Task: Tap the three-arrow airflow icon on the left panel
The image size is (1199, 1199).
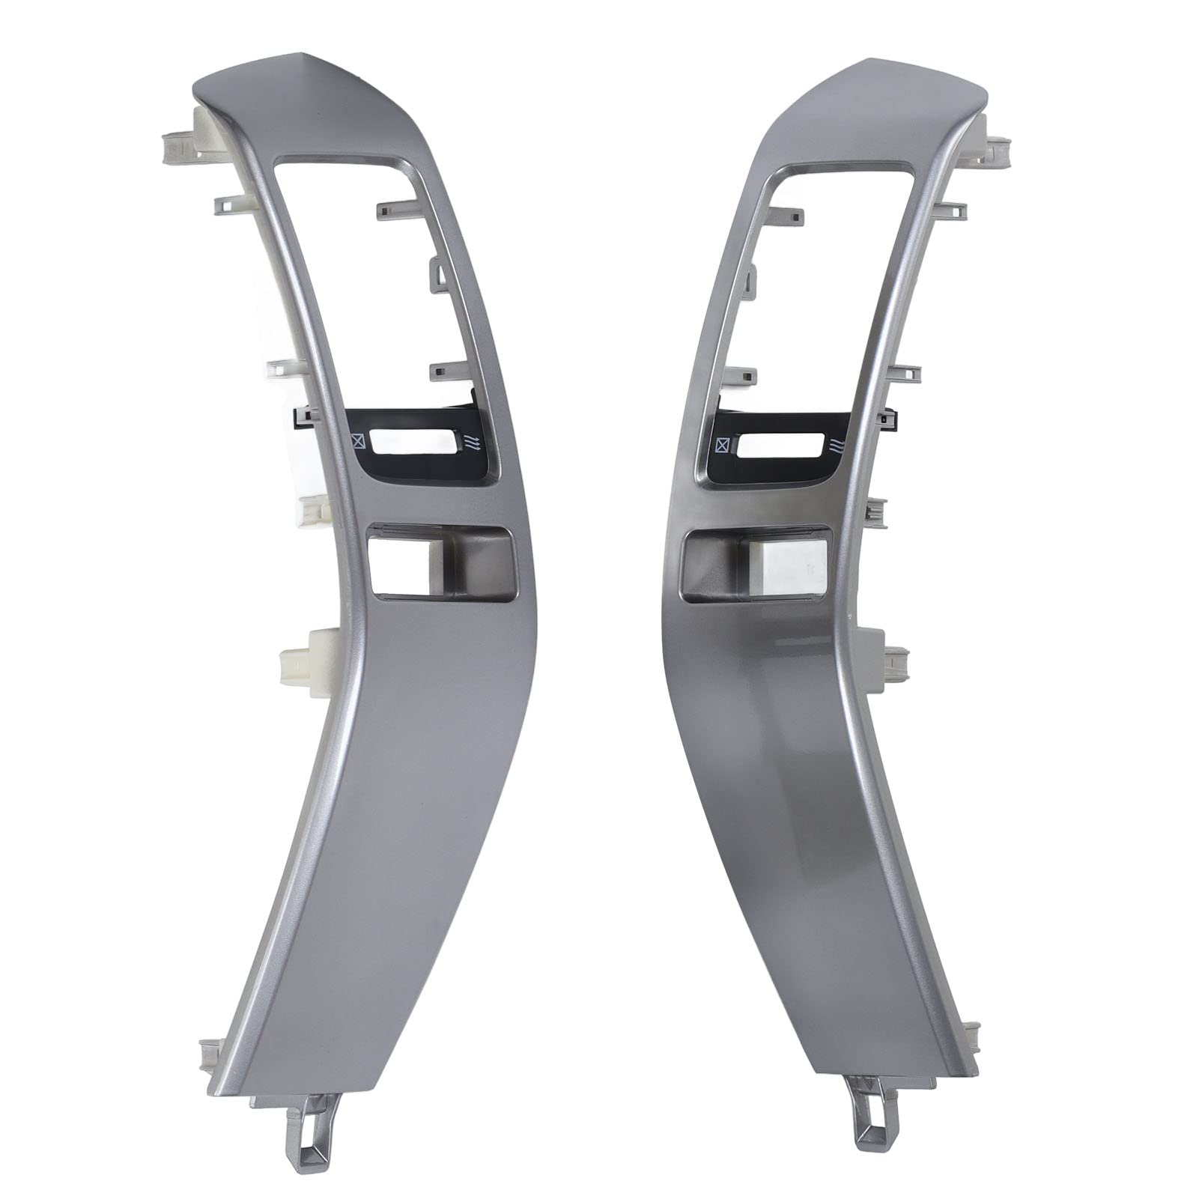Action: coord(471,443)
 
